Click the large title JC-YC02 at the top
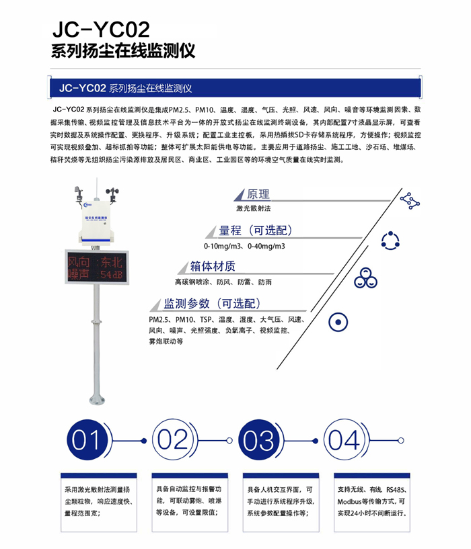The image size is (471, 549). [x=100, y=30]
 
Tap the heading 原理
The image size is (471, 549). [x=258, y=194]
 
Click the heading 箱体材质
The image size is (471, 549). [x=213, y=267]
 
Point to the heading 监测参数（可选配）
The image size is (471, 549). [x=213, y=303]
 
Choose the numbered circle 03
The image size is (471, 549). [x=259, y=440]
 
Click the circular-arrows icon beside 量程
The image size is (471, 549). [x=391, y=240]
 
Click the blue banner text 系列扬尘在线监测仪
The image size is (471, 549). [x=151, y=88]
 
